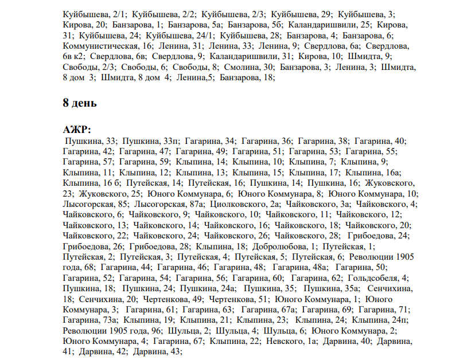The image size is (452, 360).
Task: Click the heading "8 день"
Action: click(x=80, y=104)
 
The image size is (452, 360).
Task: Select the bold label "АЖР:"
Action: click(x=77, y=130)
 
